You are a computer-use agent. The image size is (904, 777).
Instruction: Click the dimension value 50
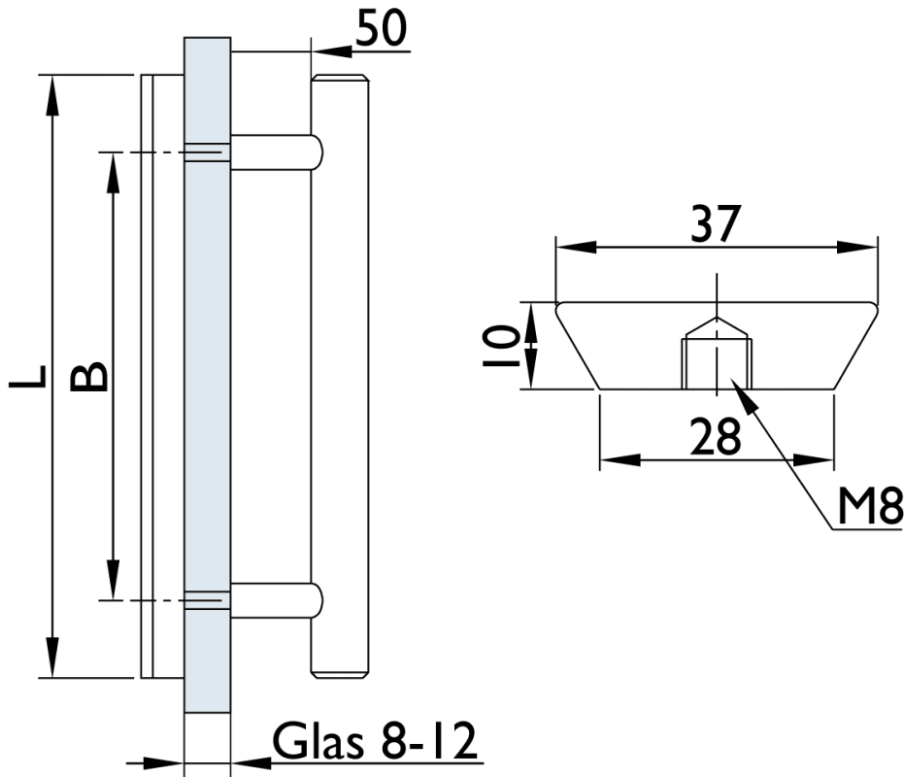pos(382,28)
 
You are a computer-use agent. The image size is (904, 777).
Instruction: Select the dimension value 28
pos(716,436)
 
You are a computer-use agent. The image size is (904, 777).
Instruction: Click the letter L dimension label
pos(28,376)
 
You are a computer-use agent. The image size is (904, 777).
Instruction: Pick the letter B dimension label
pos(90,376)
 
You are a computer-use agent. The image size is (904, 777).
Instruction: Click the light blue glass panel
pos(206,388)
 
